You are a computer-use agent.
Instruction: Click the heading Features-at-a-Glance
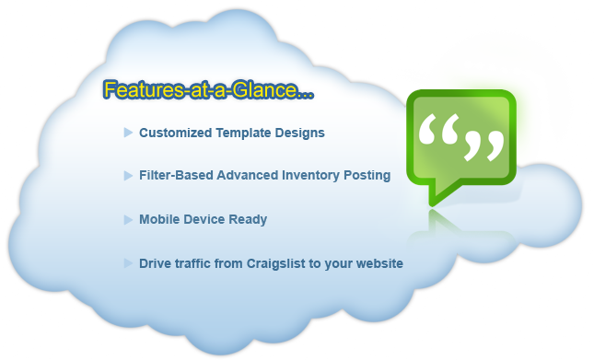(x=209, y=90)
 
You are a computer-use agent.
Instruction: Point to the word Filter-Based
(x=176, y=175)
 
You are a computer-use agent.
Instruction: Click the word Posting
(x=367, y=175)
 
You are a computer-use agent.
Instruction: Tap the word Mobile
(x=159, y=220)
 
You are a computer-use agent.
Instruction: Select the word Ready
(x=249, y=220)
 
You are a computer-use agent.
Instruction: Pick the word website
(x=379, y=263)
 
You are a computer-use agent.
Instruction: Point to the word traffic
(x=193, y=263)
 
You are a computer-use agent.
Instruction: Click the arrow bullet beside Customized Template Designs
(x=128, y=133)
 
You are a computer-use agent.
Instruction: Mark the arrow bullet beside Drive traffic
(x=128, y=263)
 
